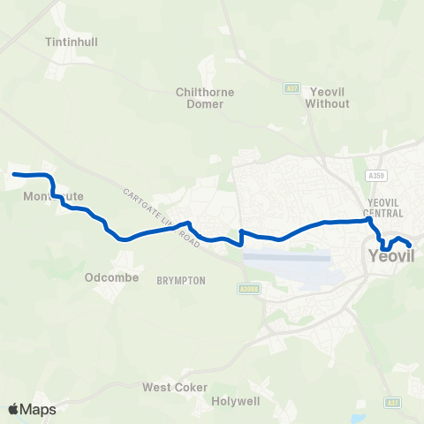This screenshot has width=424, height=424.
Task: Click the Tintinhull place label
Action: pyautogui.click(x=64, y=41)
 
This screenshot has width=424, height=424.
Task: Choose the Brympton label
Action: pyautogui.click(x=181, y=280)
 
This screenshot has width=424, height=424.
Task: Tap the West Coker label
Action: pyautogui.click(x=175, y=388)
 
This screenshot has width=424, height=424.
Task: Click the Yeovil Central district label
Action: pyautogui.click(x=384, y=208)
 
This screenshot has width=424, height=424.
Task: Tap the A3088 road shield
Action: pyautogui.click(x=247, y=288)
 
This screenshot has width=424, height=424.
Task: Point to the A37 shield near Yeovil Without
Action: pyautogui.click(x=292, y=88)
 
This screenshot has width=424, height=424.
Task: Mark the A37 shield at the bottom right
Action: pyautogui.click(x=392, y=403)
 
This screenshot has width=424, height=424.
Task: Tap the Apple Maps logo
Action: pyautogui.click(x=32, y=409)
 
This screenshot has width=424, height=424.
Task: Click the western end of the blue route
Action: pyautogui.click(x=14, y=174)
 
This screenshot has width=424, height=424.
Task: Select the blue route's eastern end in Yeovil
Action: pyautogui.click(x=409, y=246)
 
